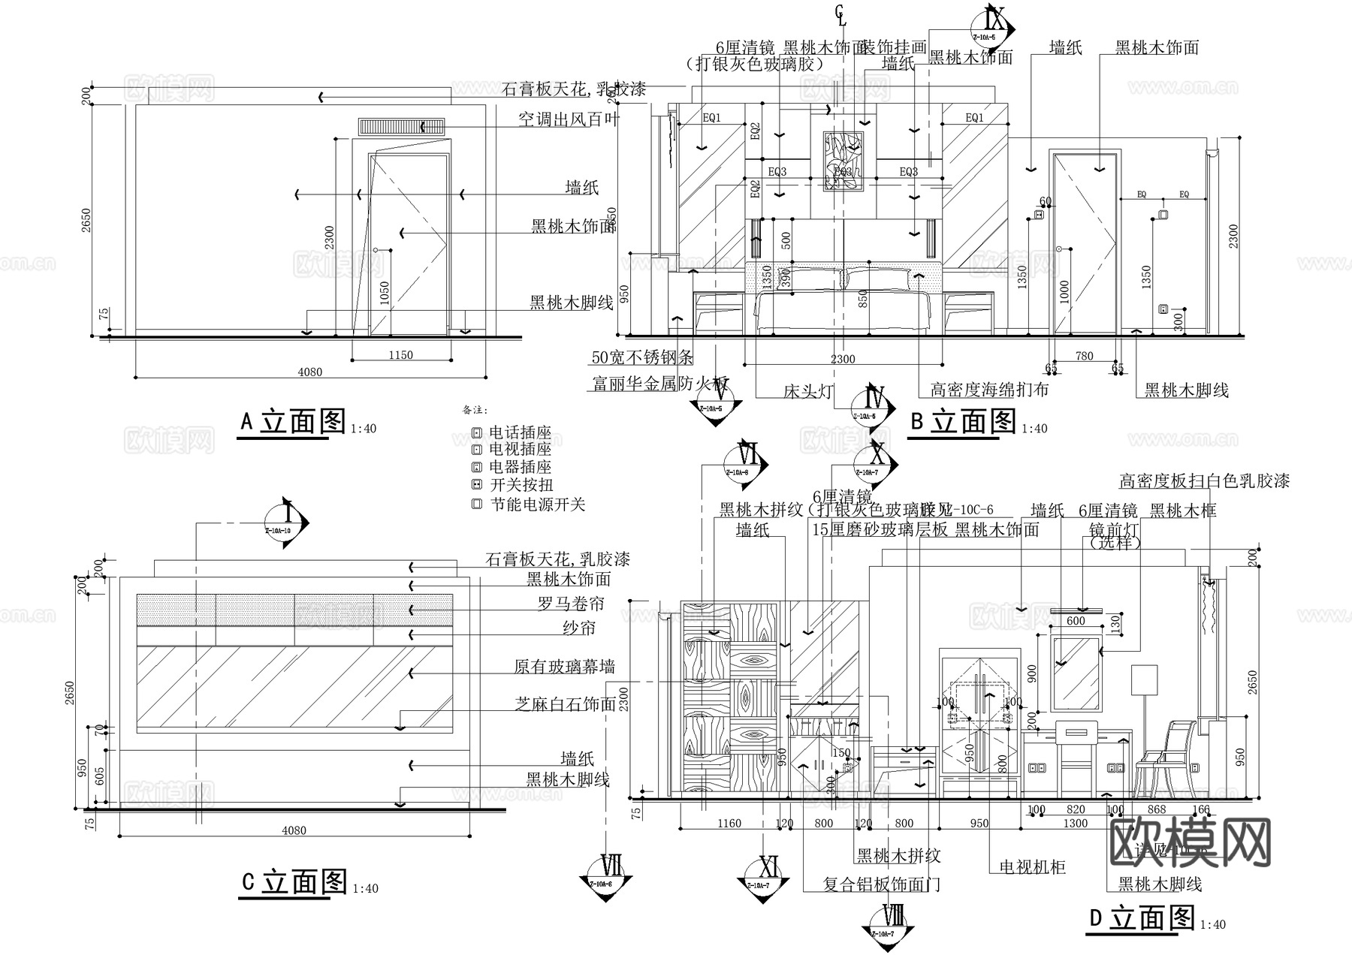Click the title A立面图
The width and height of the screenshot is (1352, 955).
pos(292,422)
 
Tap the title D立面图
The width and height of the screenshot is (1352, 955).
pos(1141,917)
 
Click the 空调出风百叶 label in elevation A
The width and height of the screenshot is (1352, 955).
pos(569,119)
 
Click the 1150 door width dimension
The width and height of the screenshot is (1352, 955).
pos(400,355)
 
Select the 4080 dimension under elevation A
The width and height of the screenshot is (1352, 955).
pos(309,372)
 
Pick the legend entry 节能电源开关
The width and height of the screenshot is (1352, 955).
pos(537,505)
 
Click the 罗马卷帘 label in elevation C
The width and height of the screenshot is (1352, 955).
pos(571,604)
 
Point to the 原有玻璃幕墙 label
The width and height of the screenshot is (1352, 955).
pos(564,666)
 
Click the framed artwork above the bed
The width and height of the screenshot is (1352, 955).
pos(843,161)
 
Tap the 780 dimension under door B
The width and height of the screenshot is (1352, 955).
pos(1085,356)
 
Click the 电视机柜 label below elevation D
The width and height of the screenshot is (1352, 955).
pos(1032,867)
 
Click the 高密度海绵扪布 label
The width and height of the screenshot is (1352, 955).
pos(989,390)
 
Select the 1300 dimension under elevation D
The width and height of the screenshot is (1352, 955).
pos(1076,824)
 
